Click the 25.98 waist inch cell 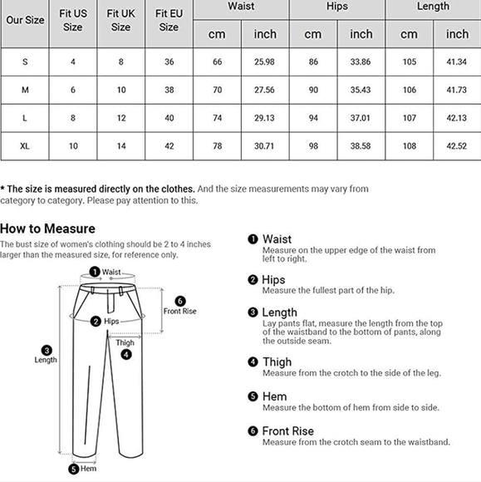point(265,62)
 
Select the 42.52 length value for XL point(457,146)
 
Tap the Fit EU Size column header point(169,20)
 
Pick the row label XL point(25,146)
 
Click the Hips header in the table point(337,7)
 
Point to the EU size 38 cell point(169,90)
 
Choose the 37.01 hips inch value point(361,118)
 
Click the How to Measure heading point(47,229)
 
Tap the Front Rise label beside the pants point(179,311)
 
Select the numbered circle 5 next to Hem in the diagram point(73,469)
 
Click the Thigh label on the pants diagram point(125,342)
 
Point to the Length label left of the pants point(46,360)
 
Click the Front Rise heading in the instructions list point(287,430)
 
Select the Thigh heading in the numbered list point(277,361)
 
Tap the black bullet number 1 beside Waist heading point(253,239)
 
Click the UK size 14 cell point(120,146)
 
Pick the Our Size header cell point(25,20)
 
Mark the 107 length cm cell point(409,118)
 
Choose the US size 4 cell point(73,62)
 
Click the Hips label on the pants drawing point(111,321)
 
